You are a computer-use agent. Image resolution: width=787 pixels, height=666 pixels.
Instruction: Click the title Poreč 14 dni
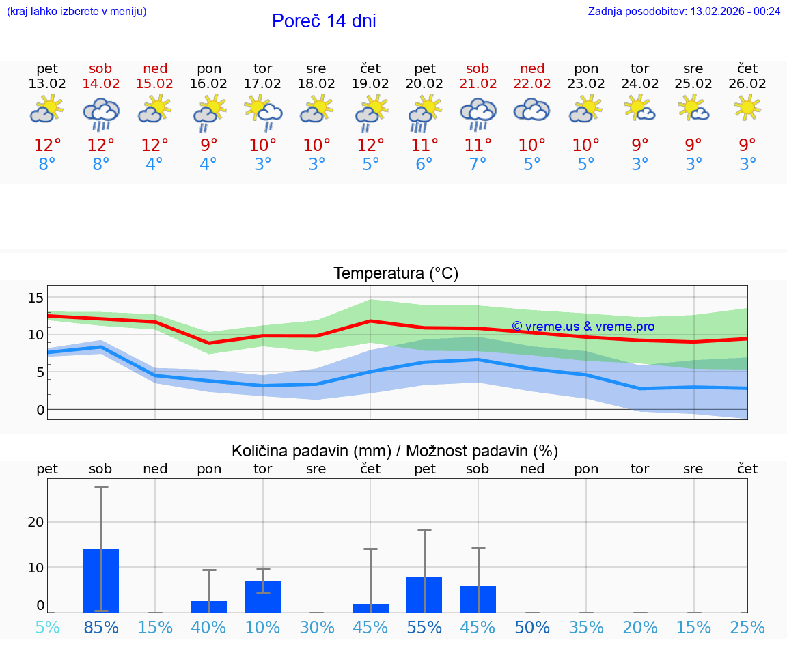tap(324, 21)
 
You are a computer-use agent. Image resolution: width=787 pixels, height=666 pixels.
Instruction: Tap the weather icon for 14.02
tap(101, 113)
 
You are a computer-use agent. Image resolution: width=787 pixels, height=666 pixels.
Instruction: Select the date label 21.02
tap(478, 84)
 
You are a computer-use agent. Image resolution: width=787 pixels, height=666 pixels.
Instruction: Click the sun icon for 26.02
tap(747, 107)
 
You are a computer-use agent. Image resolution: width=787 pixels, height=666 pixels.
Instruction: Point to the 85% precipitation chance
tap(101, 628)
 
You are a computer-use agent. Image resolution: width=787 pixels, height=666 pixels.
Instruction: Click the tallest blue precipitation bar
tap(101, 581)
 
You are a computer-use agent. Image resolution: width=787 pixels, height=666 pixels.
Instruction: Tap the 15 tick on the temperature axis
tap(36, 297)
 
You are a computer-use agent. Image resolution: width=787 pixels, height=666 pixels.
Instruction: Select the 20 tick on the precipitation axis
tap(36, 522)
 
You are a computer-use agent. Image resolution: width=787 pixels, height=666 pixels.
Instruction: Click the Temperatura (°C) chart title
tap(396, 274)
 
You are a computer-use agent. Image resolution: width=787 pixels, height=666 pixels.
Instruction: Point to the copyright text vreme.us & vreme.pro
tap(583, 327)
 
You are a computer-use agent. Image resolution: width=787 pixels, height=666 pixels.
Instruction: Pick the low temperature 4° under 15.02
tap(155, 165)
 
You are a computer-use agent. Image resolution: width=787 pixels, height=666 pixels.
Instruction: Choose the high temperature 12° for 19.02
tap(370, 145)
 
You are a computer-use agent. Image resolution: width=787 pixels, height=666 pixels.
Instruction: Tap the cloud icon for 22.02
tap(531, 110)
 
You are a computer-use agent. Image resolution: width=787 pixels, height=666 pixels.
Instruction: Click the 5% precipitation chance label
tap(47, 628)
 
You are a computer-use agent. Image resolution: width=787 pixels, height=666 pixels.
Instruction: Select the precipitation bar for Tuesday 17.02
tap(263, 596)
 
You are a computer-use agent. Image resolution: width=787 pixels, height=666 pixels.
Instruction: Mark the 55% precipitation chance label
tap(424, 628)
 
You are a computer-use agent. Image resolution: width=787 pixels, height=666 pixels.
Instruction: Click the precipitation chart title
tap(395, 451)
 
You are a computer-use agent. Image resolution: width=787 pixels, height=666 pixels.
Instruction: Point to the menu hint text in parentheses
tap(77, 11)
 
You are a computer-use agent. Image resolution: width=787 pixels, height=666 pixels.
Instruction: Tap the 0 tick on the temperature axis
tap(40, 410)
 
